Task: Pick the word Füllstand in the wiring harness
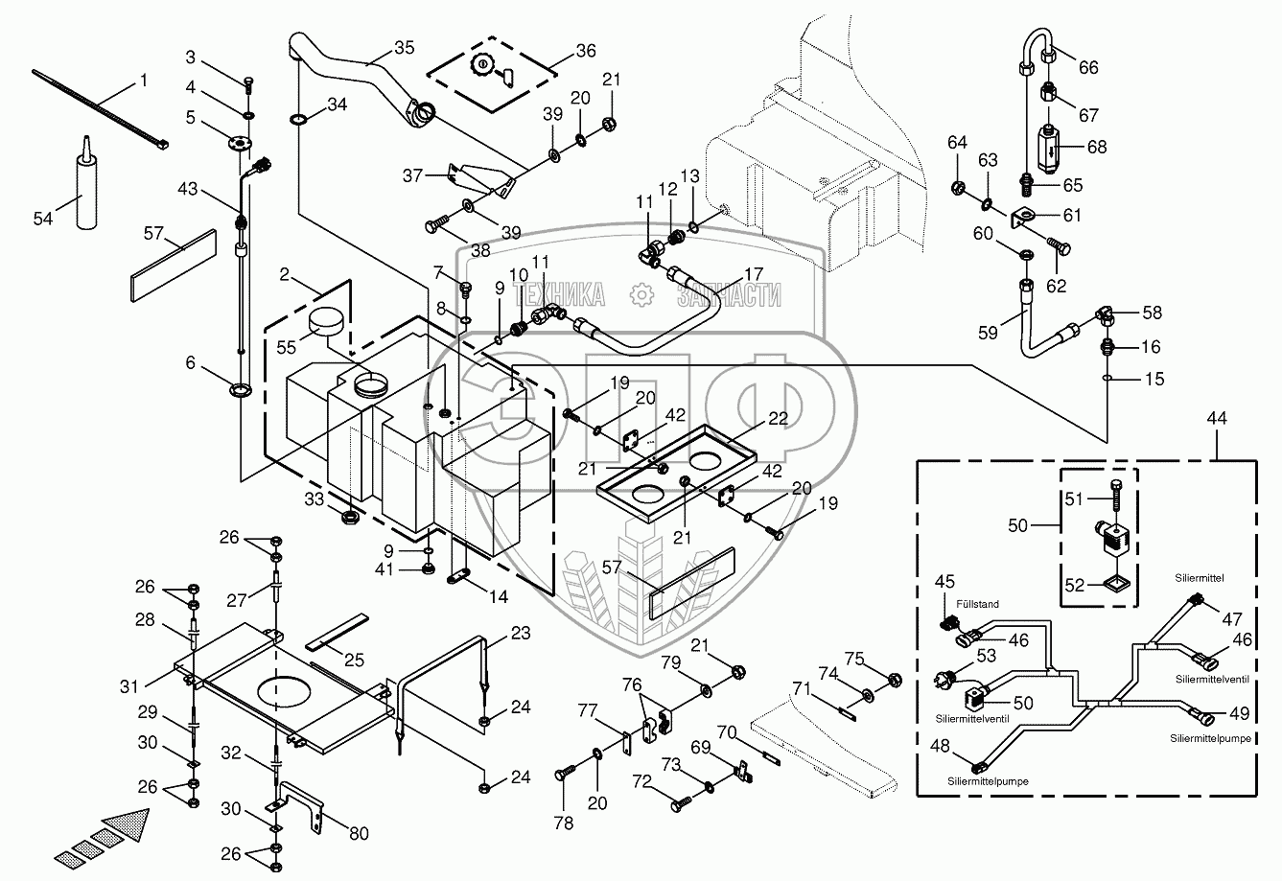point(977,604)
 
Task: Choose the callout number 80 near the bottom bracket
point(357,833)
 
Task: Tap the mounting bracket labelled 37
point(477,178)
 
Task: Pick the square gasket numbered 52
point(1114,580)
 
